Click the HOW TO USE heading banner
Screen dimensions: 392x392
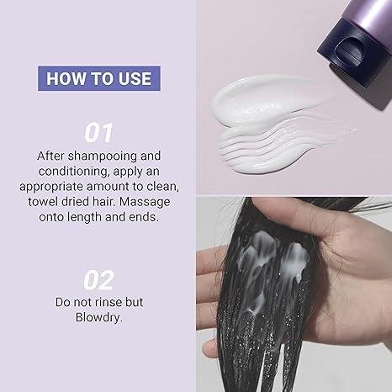(99, 78)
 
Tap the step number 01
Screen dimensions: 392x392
(98, 133)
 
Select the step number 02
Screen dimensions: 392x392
(98, 280)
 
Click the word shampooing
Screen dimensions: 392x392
(102, 156)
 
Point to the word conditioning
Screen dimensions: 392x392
(73, 172)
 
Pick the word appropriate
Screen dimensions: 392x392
(51, 188)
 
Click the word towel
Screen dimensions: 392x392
(43, 202)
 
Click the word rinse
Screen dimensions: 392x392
(109, 302)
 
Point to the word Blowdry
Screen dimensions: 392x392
(98, 318)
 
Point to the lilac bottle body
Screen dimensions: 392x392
(372, 14)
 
